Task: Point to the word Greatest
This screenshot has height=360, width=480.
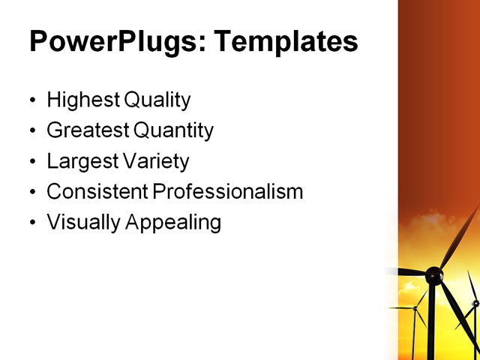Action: click(x=88, y=130)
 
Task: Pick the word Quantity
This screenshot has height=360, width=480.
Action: click(x=174, y=130)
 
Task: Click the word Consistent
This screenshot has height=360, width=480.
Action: click(x=97, y=192)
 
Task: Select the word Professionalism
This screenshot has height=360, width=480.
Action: click(x=228, y=192)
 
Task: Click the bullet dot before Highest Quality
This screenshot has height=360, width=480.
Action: click(x=32, y=100)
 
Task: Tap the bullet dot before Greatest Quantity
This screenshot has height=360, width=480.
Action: click(x=32, y=131)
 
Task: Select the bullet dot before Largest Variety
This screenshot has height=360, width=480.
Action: click(x=32, y=162)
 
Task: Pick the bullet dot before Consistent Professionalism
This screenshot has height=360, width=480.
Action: click(x=32, y=193)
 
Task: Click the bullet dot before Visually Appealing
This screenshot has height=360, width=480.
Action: click(x=32, y=223)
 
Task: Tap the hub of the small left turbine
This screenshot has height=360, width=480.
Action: click(x=414, y=307)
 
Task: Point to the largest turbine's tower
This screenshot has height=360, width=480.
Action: click(x=432, y=322)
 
